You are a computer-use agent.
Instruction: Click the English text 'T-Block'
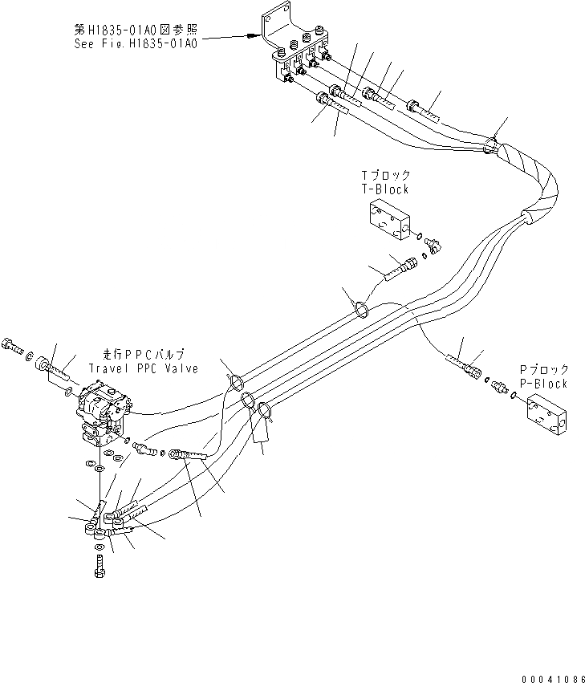[x=386, y=189]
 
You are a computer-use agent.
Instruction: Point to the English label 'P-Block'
[x=543, y=384]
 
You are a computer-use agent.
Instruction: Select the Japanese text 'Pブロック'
[x=543, y=370]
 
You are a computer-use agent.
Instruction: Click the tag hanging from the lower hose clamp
[x=261, y=431]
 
